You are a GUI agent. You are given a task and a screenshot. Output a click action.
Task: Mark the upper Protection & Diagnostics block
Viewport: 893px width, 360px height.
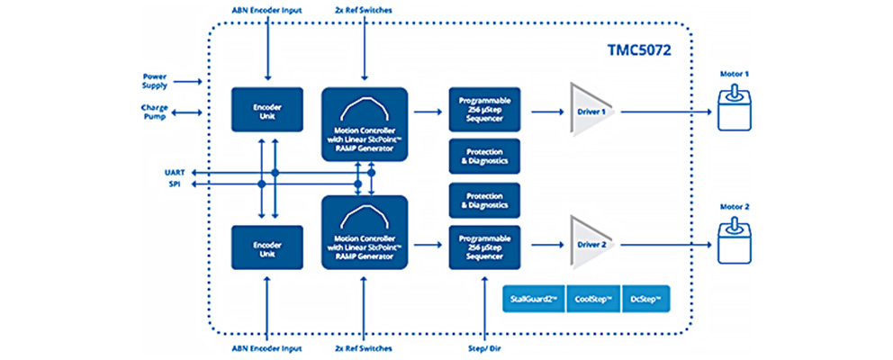coord(484,157)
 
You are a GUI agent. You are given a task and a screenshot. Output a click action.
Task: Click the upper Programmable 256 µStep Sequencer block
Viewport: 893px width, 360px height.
coord(484,111)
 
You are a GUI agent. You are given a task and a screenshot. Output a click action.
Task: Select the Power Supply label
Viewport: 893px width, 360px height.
coord(155,80)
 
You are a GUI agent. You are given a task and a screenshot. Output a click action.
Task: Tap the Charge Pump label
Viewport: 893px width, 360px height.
coord(155,112)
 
